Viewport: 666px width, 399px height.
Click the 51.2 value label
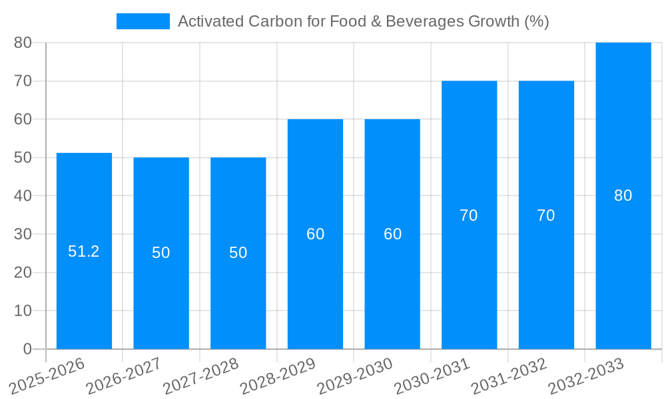point(84,251)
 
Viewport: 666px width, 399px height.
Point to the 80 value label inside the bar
point(623,196)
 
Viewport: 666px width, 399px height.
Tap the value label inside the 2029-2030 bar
point(392,234)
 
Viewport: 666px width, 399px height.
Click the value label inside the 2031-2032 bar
point(546,215)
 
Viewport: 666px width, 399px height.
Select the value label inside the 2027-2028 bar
point(238,253)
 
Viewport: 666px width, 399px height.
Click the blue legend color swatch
point(143,21)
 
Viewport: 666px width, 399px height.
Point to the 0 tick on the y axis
point(27,349)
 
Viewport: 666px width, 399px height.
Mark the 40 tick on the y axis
point(23,196)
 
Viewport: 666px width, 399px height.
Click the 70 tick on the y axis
point(23,81)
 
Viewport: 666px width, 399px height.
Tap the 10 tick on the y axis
point(23,311)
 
